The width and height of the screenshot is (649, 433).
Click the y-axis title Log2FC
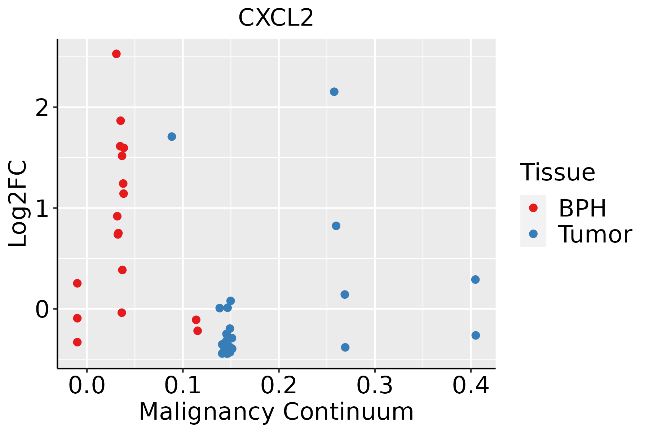[18, 204]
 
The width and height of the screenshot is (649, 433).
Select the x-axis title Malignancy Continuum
[276, 412]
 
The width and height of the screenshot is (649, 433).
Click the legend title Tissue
[557, 172]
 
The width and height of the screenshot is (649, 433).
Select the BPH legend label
[582, 208]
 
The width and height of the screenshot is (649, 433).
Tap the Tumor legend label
[595, 234]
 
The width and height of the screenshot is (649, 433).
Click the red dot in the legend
[533, 208]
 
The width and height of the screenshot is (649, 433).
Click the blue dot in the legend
[533, 234]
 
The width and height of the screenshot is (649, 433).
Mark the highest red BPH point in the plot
[116, 54]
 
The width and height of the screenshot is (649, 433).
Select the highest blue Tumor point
[334, 92]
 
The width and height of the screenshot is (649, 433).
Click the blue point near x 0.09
[172, 136]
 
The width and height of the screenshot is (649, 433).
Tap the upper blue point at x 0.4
[475, 280]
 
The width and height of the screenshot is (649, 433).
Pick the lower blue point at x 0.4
[476, 335]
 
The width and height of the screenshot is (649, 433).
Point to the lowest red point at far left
[77, 342]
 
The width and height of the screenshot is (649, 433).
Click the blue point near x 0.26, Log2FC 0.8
[336, 226]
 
